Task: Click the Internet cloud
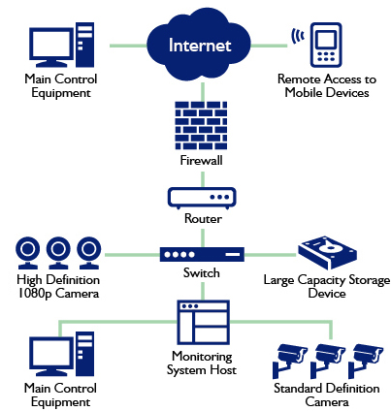(x=199, y=46)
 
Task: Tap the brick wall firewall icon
(x=201, y=125)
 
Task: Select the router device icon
(x=202, y=198)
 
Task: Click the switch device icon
(x=202, y=254)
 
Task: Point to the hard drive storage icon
(x=327, y=253)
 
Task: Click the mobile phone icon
(x=326, y=45)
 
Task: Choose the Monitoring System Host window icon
(x=203, y=323)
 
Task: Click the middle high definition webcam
(x=58, y=253)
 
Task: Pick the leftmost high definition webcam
(x=28, y=253)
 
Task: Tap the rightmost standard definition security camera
(x=366, y=361)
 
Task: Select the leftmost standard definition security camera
(x=290, y=361)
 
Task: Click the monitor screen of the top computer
(x=51, y=43)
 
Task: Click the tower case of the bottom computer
(x=85, y=354)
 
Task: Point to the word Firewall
(x=201, y=160)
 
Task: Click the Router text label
(x=203, y=219)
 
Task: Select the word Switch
(x=202, y=273)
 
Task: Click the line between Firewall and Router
(x=203, y=179)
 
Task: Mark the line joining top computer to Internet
(x=128, y=46)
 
